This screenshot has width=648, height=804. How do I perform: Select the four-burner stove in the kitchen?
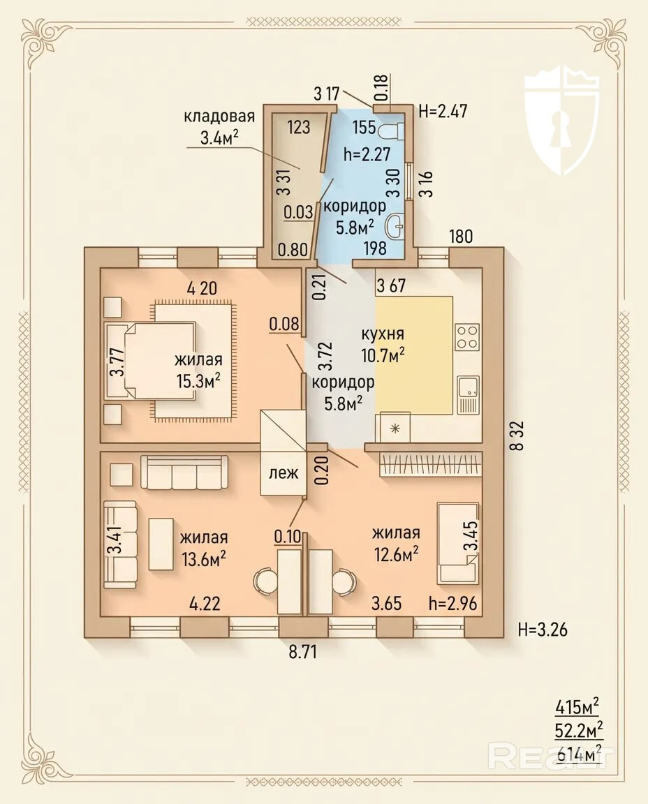(467, 337)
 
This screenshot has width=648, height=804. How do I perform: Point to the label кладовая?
(219, 116)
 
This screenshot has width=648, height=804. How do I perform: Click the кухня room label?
(383, 334)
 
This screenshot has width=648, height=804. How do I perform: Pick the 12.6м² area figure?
(395, 553)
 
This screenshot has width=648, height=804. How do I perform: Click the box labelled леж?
(283, 472)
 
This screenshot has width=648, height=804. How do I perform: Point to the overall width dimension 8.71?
(303, 653)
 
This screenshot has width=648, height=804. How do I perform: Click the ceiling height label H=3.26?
(543, 629)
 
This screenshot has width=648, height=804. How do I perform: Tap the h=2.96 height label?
(452, 603)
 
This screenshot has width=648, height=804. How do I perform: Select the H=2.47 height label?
(443, 110)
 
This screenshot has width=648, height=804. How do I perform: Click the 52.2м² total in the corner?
(579, 729)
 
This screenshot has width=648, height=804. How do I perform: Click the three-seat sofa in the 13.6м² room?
(184, 472)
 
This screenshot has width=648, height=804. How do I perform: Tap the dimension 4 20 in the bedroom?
(202, 288)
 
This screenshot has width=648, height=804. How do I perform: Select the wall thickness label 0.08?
(283, 324)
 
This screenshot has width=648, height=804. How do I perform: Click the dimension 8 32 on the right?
(517, 435)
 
